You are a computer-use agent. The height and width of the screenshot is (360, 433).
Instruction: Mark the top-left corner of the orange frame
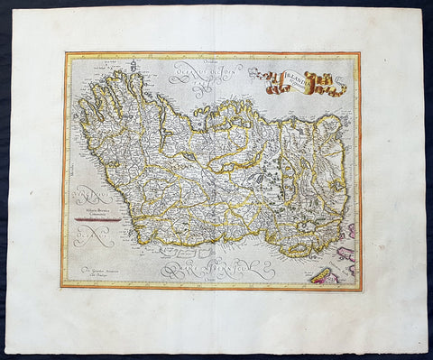64,53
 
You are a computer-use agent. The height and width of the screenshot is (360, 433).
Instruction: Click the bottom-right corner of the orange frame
360,289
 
